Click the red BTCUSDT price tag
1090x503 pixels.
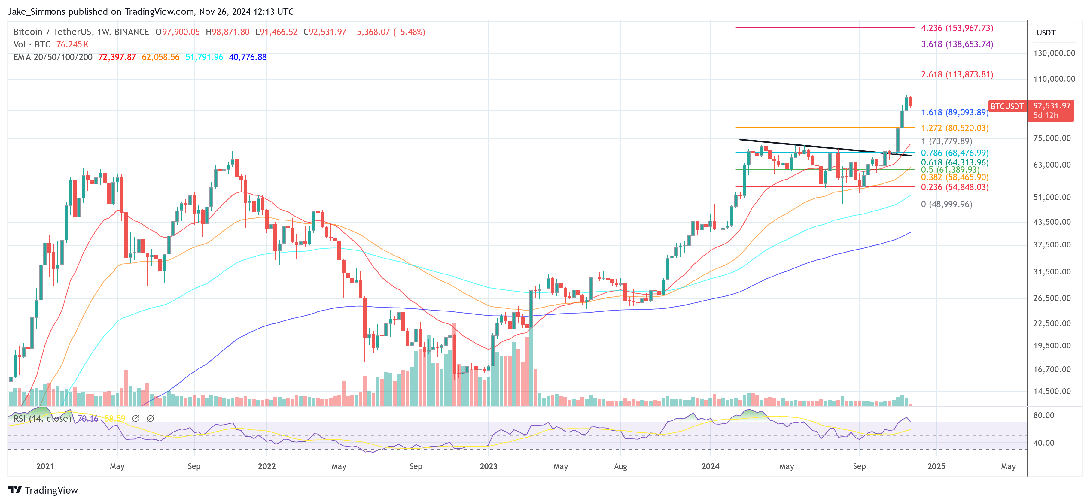pyautogui.click(x=1007, y=106)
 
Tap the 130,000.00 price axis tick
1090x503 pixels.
pyautogui.click(x=1054, y=53)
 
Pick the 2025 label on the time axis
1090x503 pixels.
pyautogui.click(x=936, y=466)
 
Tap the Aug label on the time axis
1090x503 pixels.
pyautogui.click(x=620, y=466)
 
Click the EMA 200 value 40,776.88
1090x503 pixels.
pyautogui.click(x=248, y=57)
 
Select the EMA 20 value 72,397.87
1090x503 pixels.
pyautogui.click(x=117, y=57)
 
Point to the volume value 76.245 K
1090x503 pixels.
pyautogui.click(x=72, y=44)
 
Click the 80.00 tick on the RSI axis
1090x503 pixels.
pyautogui.click(x=1043, y=415)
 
